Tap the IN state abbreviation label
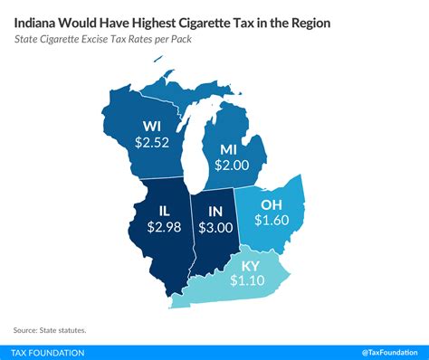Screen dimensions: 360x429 [x=210, y=211]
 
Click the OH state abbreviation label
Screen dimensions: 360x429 [x=272, y=203]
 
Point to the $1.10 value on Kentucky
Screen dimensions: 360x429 [x=246, y=281]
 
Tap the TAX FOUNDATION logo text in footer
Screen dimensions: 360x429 [x=50, y=351]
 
